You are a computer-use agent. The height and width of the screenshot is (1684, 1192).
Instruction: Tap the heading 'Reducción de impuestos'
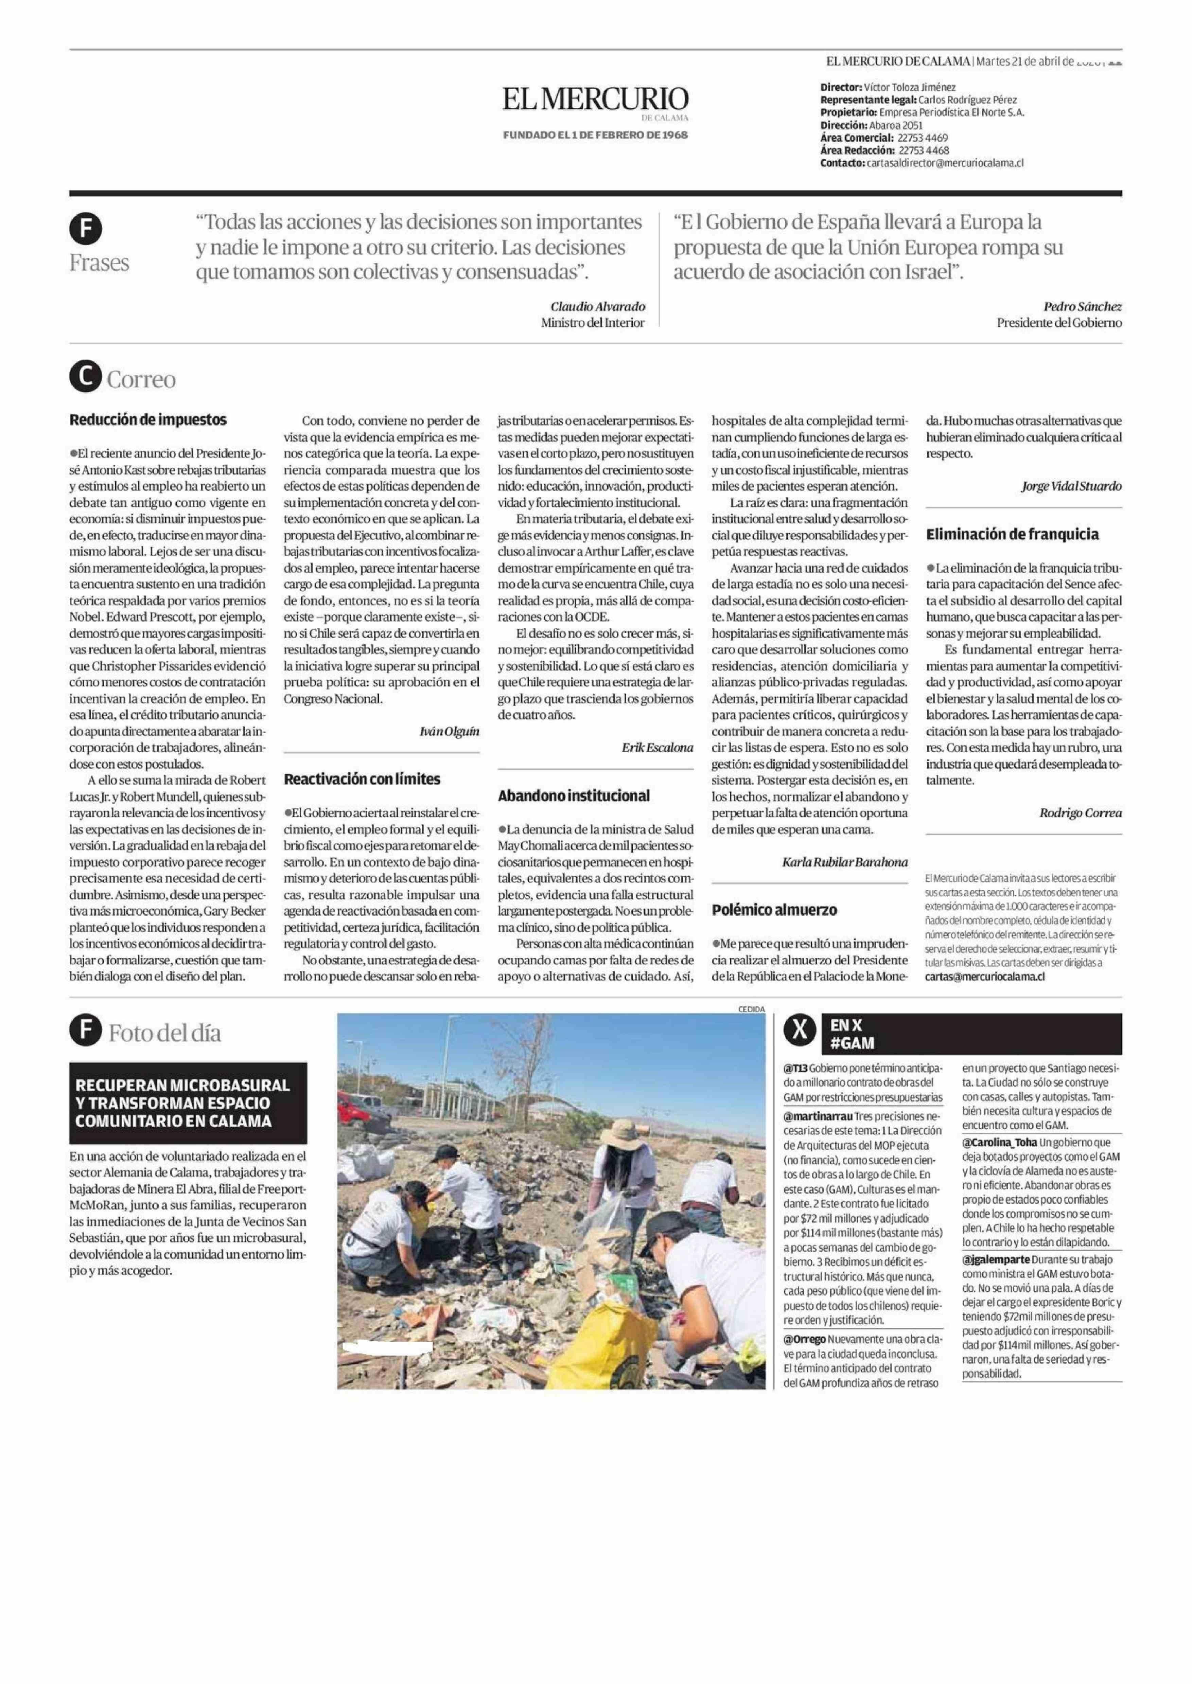pyautogui.click(x=147, y=420)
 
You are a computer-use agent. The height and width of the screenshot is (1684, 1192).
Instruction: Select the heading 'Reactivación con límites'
pyautogui.click(x=362, y=778)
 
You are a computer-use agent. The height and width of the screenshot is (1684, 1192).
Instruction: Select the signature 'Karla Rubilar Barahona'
pyautogui.click(x=845, y=862)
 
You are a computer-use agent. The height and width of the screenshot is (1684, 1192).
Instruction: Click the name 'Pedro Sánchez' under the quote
pyautogui.click(x=1083, y=307)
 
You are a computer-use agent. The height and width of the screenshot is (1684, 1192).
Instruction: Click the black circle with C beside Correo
pyautogui.click(x=86, y=378)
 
